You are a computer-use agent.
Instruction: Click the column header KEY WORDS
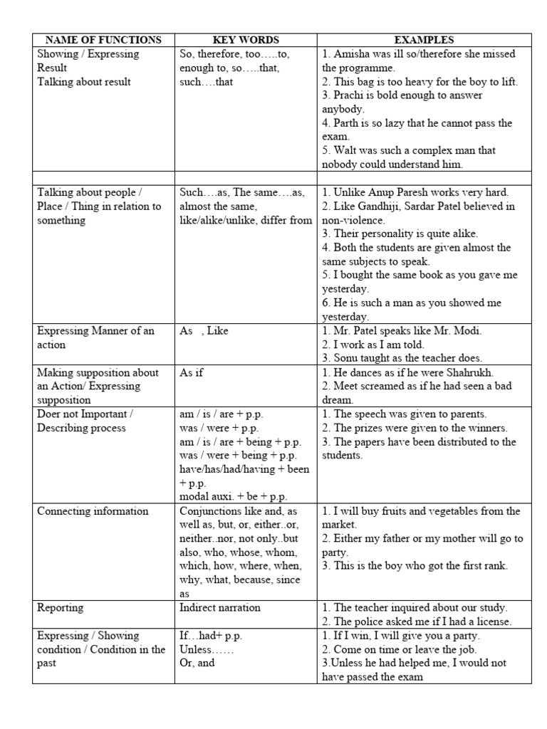(x=246, y=40)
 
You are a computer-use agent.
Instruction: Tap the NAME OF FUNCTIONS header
(x=103, y=40)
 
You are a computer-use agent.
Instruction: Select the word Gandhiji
(x=382, y=206)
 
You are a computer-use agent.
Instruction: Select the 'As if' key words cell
(x=192, y=372)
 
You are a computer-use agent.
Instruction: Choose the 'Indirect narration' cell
(x=220, y=607)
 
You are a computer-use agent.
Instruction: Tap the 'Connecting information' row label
(x=93, y=511)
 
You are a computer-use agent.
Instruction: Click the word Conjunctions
(x=210, y=511)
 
